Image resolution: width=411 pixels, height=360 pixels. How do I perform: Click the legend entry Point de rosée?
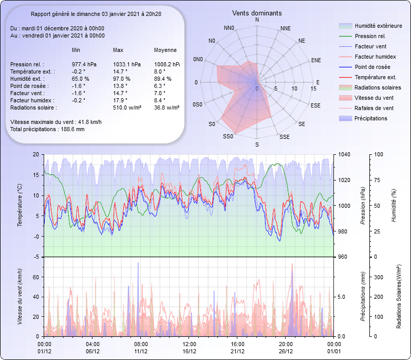(x=372, y=67)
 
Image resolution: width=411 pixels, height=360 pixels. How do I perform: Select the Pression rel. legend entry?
(x=370, y=36)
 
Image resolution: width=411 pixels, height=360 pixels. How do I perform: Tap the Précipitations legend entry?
(x=371, y=118)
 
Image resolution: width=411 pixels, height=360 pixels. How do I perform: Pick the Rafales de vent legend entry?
(x=374, y=108)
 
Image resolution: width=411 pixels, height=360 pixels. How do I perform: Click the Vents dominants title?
(x=256, y=13)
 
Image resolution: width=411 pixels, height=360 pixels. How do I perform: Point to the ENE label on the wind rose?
(x=316, y=60)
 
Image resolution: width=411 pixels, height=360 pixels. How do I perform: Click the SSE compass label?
(x=284, y=137)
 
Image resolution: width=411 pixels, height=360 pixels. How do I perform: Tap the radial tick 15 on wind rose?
(x=313, y=88)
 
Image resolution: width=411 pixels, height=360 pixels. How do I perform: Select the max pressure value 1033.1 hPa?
(x=125, y=64)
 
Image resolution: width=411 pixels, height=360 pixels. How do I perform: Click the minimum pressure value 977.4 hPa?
(x=84, y=64)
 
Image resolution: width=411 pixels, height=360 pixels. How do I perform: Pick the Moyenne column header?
(x=165, y=50)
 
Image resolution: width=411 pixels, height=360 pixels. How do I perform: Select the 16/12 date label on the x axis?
(x=190, y=351)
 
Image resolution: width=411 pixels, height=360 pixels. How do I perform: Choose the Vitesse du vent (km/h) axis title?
(x=20, y=296)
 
